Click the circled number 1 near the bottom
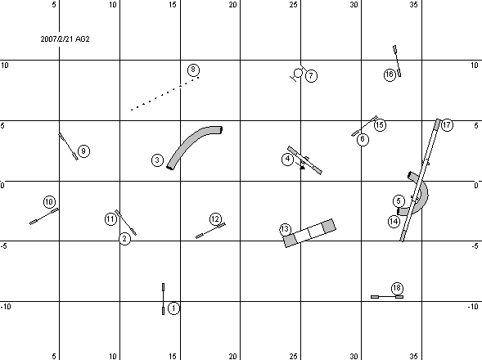(x=173, y=308)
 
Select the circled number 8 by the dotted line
(x=193, y=70)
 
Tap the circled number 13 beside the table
(x=285, y=229)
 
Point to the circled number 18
(x=397, y=288)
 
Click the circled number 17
(x=447, y=125)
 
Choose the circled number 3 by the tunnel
(x=157, y=160)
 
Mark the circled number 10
(x=49, y=202)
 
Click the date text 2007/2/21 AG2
(x=65, y=39)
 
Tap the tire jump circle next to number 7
(x=298, y=73)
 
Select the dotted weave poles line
(x=164, y=93)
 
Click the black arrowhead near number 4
(x=303, y=168)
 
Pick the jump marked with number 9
(x=68, y=146)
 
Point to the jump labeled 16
(x=397, y=61)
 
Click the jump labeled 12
(x=210, y=230)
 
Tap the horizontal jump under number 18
(x=387, y=297)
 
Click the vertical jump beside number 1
(x=163, y=299)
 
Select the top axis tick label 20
(x=232, y=5)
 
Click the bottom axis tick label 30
(x=354, y=356)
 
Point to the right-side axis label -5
(x=475, y=246)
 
